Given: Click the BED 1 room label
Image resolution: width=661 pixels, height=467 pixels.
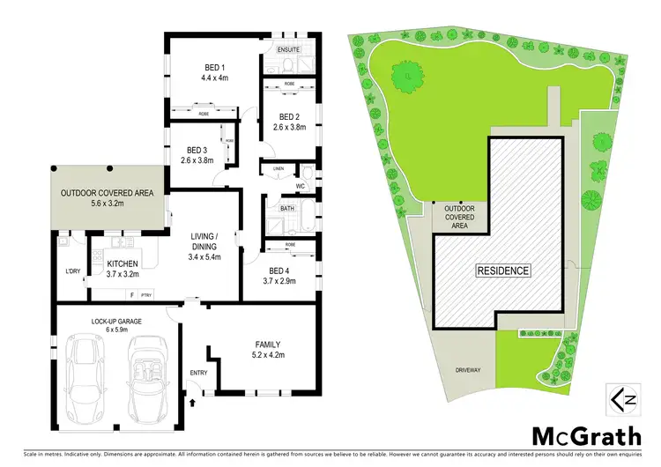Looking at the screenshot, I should (x=211, y=67).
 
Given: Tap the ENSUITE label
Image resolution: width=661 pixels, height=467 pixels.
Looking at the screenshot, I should (x=289, y=50).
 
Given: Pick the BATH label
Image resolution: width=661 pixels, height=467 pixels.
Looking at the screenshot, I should (x=286, y=208).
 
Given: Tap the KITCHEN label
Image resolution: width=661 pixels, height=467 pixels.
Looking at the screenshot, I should (x=123, y=263).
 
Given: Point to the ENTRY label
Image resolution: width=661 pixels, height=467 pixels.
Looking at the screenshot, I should (x=198, y=373).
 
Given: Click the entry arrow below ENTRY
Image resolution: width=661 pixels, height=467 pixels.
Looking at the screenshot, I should (x=193, y=402).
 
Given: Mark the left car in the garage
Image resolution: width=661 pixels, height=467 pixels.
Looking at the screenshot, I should (x=87, y=381).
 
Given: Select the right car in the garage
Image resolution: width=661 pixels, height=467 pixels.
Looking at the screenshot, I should (x=145, y=381).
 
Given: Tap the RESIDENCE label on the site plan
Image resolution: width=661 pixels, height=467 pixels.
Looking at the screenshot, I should (x=504, y=271).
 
